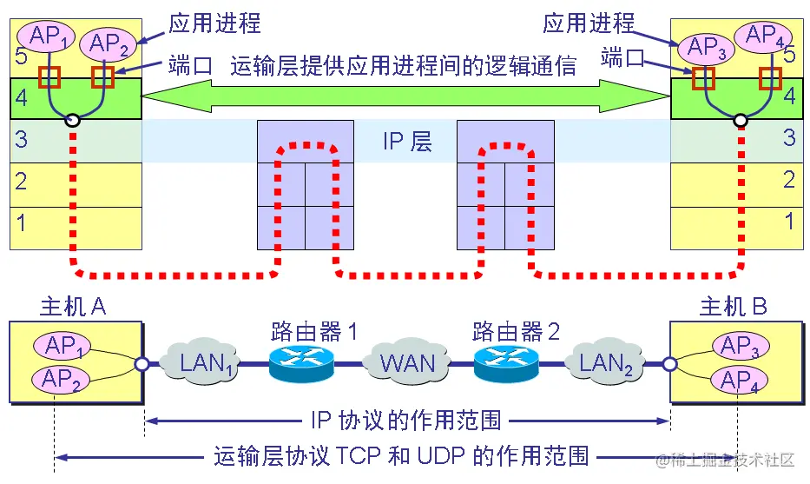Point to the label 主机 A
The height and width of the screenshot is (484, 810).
[73, 307]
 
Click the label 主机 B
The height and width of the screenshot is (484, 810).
[734, 307]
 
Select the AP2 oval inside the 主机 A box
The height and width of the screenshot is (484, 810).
[62, 380]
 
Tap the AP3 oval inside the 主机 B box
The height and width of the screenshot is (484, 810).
[741, 346]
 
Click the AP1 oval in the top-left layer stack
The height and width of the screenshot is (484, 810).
[49, 36]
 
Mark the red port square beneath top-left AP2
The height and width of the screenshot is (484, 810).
[103, 76]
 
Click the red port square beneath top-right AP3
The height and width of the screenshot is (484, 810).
[702, 78]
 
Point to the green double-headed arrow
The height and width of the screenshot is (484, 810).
[408, 97]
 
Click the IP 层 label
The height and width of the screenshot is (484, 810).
[407, 141]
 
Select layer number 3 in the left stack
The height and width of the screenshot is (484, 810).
[22, 139]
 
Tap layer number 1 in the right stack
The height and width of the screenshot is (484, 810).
[788, 222]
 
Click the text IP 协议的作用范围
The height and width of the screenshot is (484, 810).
[405, 421]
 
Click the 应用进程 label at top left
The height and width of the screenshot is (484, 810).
[214, 23]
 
